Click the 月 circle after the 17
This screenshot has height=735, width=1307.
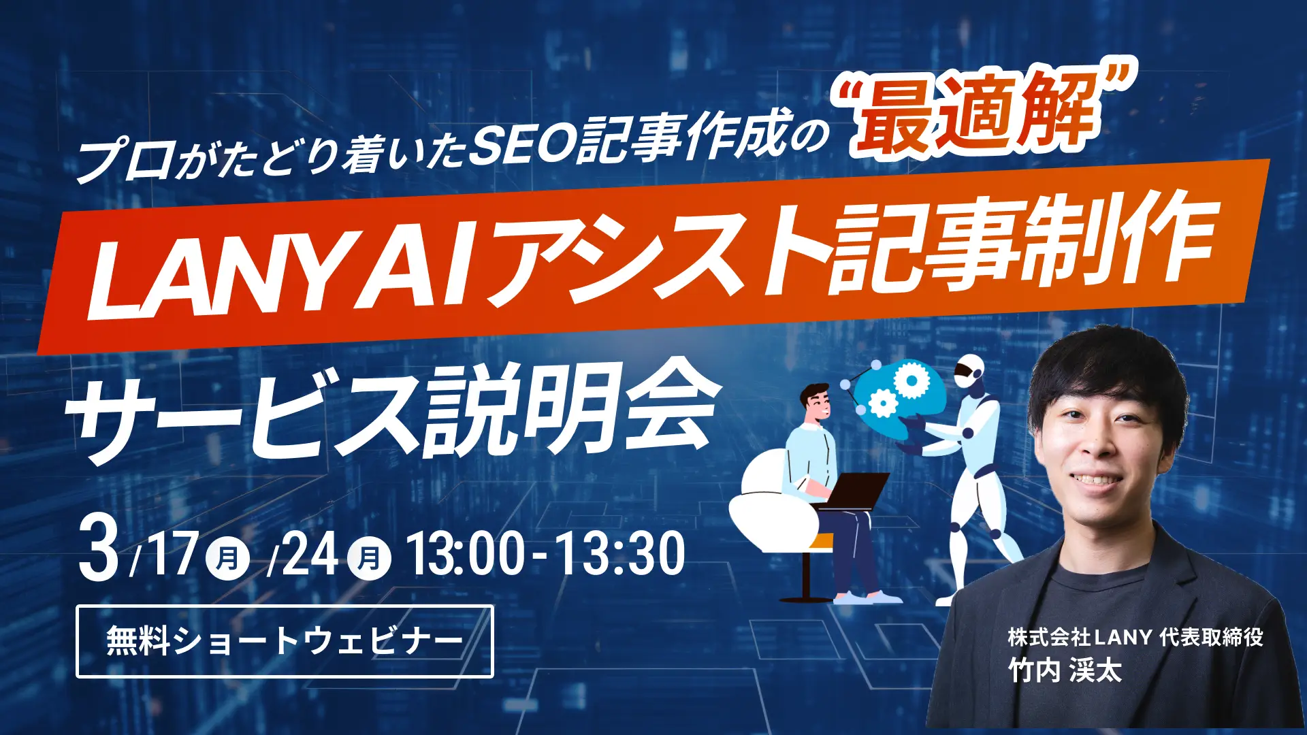tap(227, 558)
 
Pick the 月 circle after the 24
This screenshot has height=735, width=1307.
tap(369, 558)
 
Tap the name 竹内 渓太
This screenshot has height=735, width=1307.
tap(1065, 671)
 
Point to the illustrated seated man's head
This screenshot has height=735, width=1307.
tap(816, 402)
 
